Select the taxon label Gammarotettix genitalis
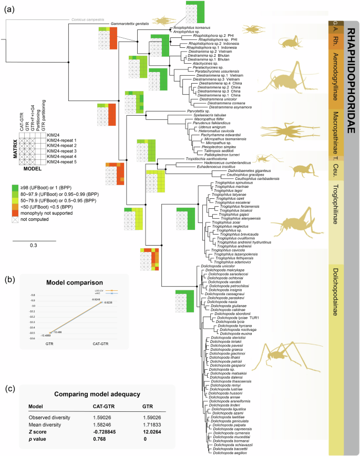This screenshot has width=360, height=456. click(x=130, y=24)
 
